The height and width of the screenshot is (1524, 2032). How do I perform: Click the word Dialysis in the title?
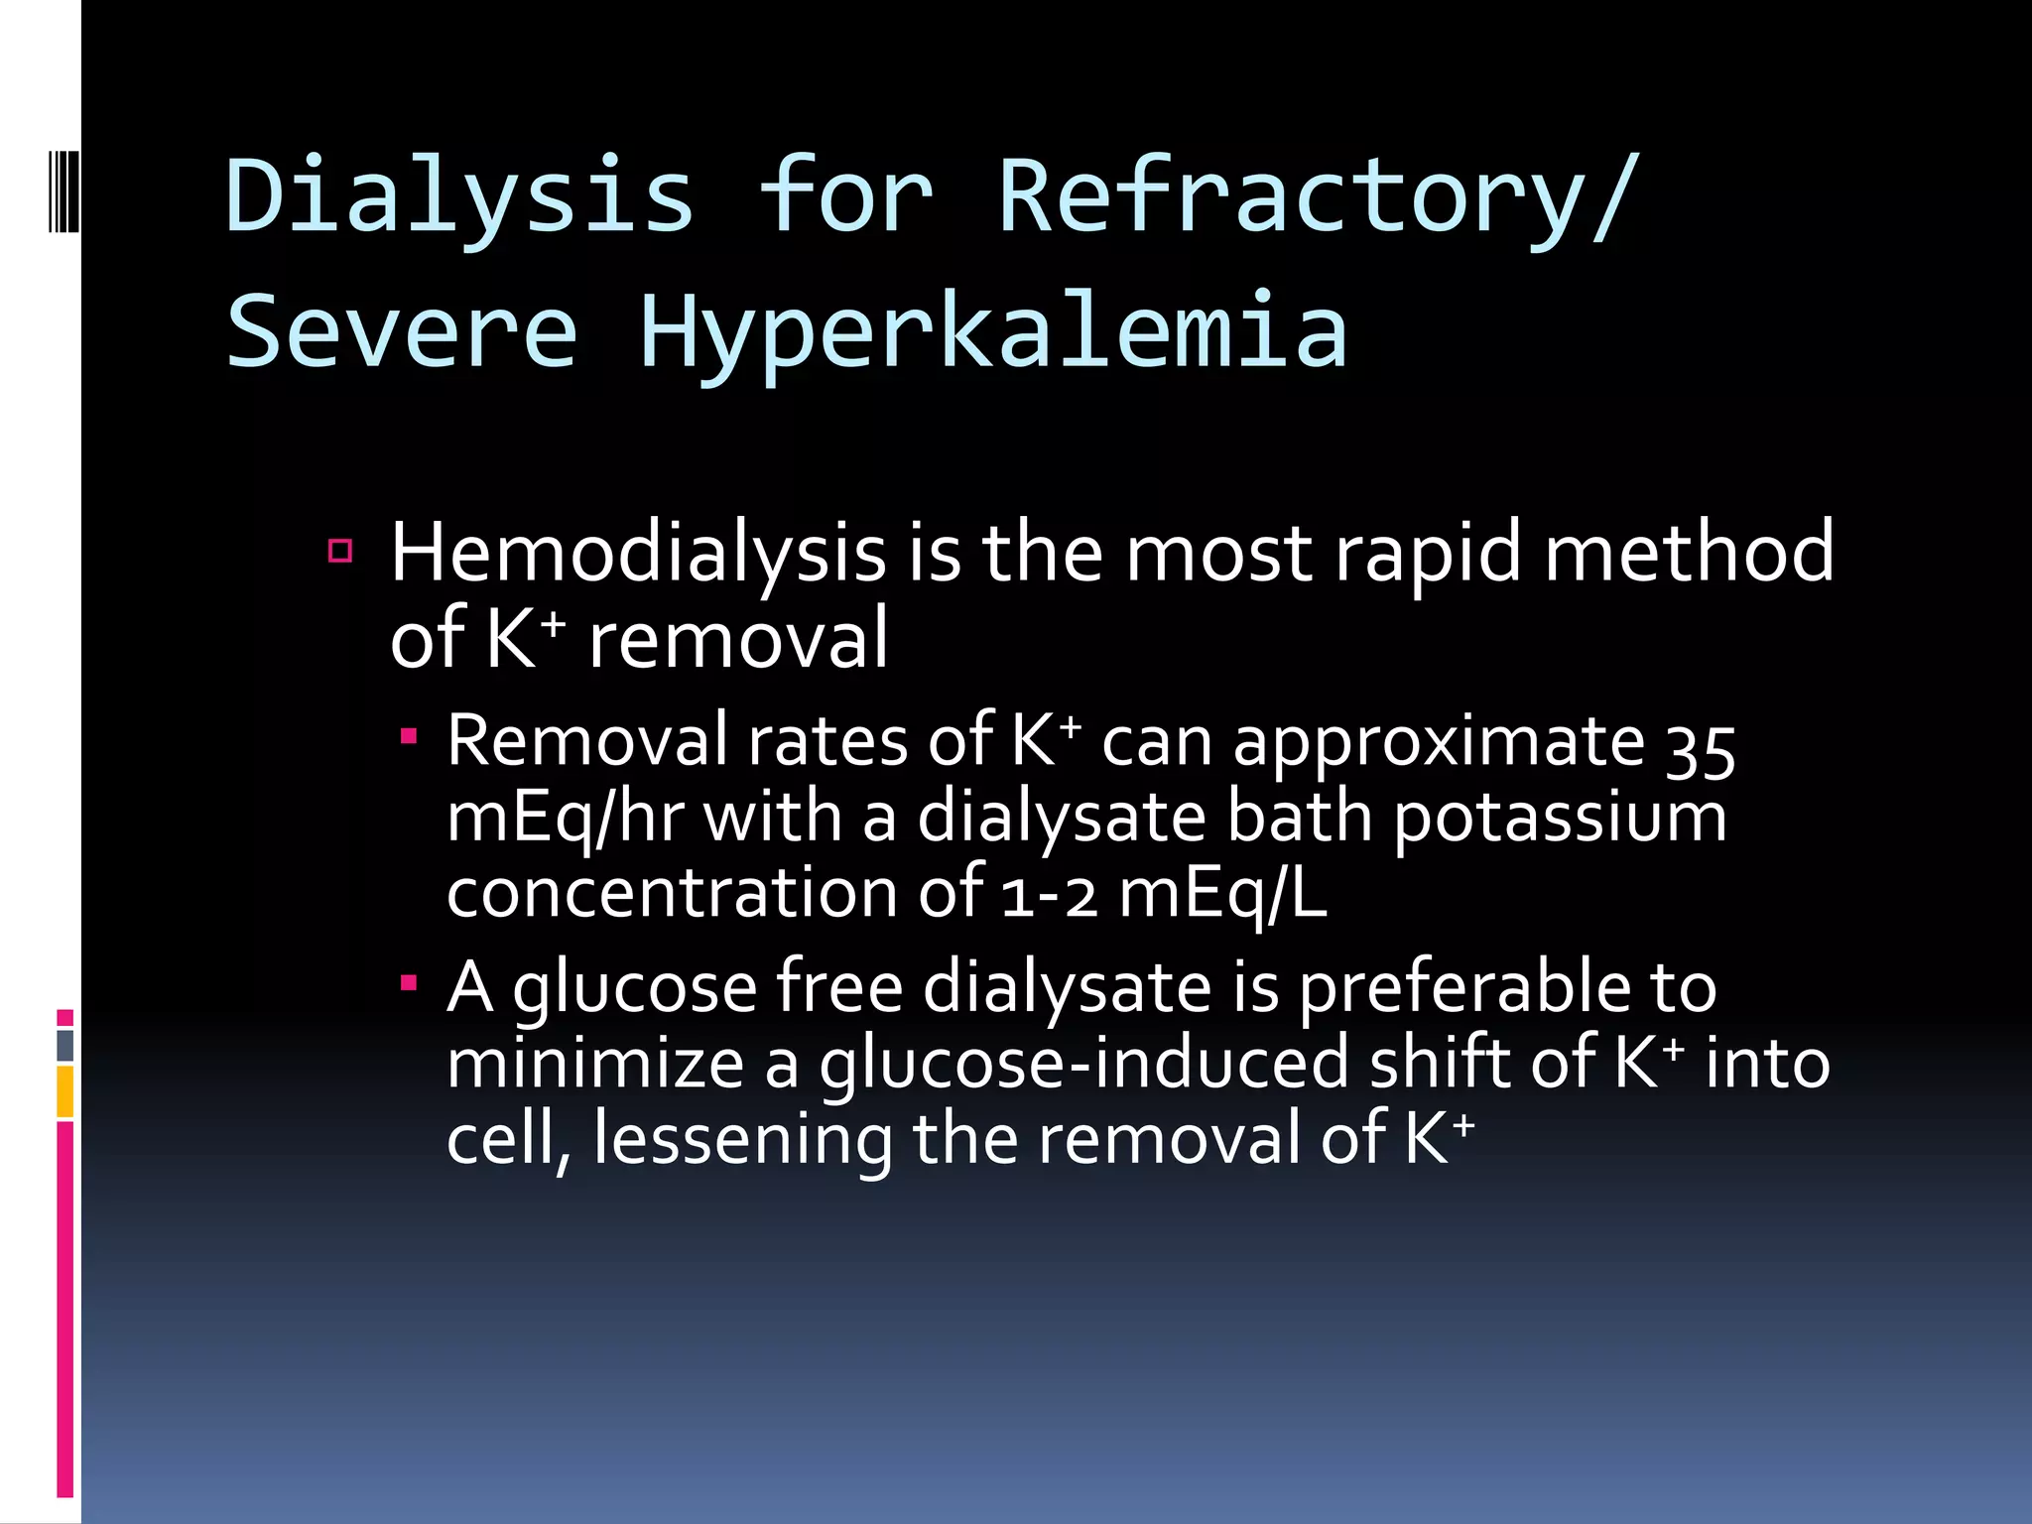[458, 196]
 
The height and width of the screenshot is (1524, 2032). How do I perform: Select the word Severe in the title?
[402, 330]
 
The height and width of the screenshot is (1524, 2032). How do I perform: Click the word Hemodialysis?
[637, 553]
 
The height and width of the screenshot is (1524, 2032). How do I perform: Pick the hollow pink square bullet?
[340, 551]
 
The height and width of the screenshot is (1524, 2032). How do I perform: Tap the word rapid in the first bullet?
[1427, 553]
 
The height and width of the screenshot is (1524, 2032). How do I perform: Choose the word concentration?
[673, 893]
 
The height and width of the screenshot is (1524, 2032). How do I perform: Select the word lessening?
[742, 1139]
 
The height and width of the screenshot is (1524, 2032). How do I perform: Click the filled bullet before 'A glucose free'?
[409, 983]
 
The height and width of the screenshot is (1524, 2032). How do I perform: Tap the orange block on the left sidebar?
[65, 1091]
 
